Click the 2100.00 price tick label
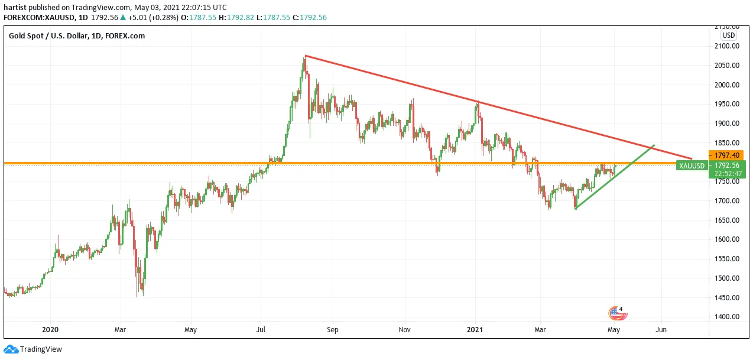727,46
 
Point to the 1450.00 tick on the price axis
727,298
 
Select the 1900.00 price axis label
727,124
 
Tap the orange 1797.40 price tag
726,155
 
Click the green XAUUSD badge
692,166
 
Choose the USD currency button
728,35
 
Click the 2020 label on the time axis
50,330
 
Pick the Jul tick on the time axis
261,330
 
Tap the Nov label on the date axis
404,330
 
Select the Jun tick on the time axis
661,330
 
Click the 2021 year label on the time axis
475,330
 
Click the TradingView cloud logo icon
11,349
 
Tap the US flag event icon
617,313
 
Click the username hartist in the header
15,8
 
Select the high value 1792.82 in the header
241,18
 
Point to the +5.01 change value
138,18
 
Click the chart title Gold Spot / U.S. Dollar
48,36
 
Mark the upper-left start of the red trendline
305,56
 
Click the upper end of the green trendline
654,145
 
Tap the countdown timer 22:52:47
728,174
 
